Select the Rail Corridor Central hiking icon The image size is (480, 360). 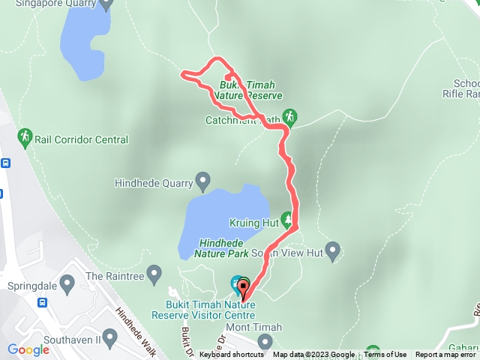(x=25, y=136)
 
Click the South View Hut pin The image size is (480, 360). (x=334, y=250)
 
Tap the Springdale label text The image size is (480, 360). (x=31, y=286)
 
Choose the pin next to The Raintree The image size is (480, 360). (x=154, y=272)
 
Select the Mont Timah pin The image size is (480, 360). (x=264, y=341)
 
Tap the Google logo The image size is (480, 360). (x=28, y=349)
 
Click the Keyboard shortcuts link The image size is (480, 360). (x=232, y=355)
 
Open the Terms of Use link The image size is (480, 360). (x=385, y=355)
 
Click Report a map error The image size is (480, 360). (x=445, y=355)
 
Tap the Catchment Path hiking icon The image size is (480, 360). (x=291, y=116)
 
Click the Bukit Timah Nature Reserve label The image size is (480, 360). (x=247, y=91)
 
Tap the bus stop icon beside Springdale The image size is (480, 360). (x=43, y=304)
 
